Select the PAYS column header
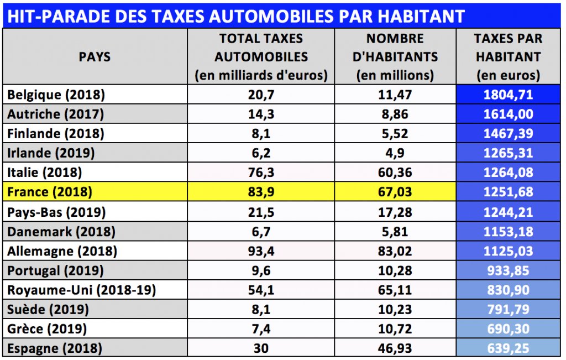click(x=95, y=57)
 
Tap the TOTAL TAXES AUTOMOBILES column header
click(x=261, y=57)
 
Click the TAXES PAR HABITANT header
click(x=508, y=57)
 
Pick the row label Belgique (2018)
click(x=56, y=95)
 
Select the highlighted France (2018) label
click(x=49, y=192)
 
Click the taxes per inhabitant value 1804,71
click(x=508, y=95)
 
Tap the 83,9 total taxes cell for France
click(x=261, y=192)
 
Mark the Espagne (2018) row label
click(x=55, y=348)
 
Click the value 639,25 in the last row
click(x=508, y=348)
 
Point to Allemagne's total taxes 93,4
click(x=261, y=251)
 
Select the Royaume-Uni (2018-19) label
click(x=81, y=290)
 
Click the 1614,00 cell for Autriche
click(x=508, y=114)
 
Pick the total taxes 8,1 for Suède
click(x=261, y=310)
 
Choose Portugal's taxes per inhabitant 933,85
click(x=508, y=271)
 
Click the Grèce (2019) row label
click(x=47, y=329)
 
